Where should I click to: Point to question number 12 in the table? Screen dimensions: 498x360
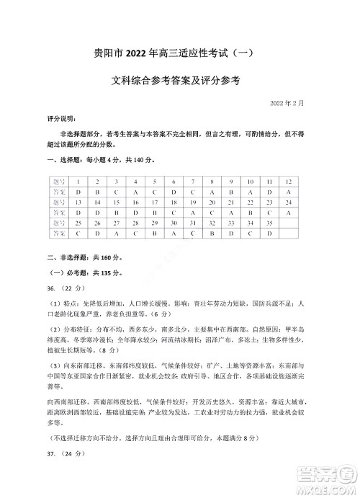coord(288,181)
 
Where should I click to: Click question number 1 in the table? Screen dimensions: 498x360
coord(77,181)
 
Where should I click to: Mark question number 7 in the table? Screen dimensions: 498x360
coord(192,181)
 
